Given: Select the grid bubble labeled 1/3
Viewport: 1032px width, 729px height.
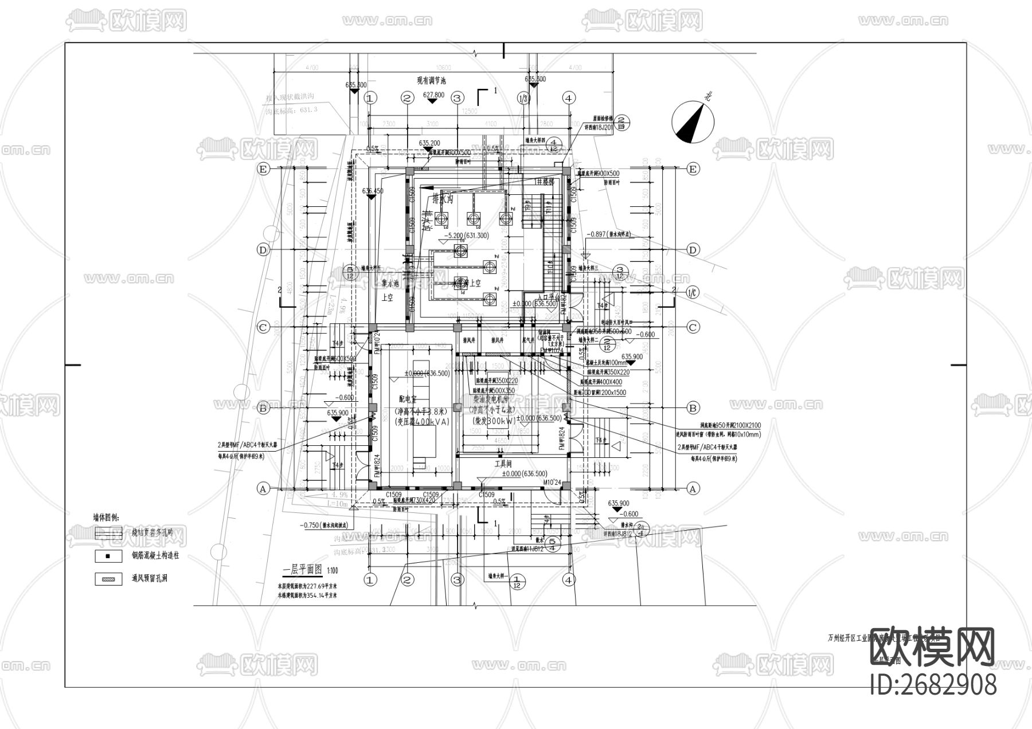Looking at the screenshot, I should coord(523,98).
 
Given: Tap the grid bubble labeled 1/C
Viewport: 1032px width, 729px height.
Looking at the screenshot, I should coord(693,293).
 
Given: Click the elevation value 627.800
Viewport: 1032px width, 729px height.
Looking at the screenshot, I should coord(433,95).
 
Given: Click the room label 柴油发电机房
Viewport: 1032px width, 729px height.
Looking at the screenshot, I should coord(493,399).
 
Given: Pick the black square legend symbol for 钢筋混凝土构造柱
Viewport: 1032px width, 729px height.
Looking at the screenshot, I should coord(108,555).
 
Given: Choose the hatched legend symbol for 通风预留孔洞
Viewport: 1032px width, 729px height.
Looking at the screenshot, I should coord(108,579).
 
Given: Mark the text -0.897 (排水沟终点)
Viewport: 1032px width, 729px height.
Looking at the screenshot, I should coord(609,234).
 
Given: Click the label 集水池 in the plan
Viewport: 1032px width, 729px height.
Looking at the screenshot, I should coord(390,284).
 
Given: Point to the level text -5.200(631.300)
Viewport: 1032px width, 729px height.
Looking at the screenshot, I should coord(466,236).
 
